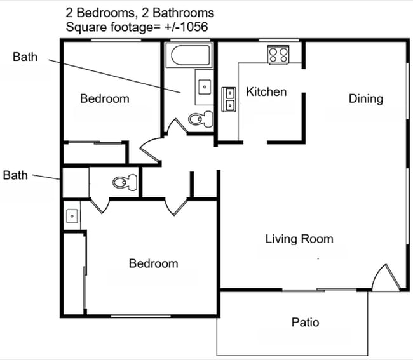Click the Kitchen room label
tap(266, 92)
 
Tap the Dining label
tap(366, 98)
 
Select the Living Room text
tap(299, 239)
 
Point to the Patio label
tap(305, 323)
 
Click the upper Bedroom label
tap(104, 98)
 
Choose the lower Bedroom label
tap(153, 263)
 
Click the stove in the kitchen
tap(278, 54)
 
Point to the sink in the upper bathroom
tap(205, 86)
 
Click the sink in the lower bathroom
tap(72, 216)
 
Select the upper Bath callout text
tap(25, 57)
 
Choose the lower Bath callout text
tap(15, 175)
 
